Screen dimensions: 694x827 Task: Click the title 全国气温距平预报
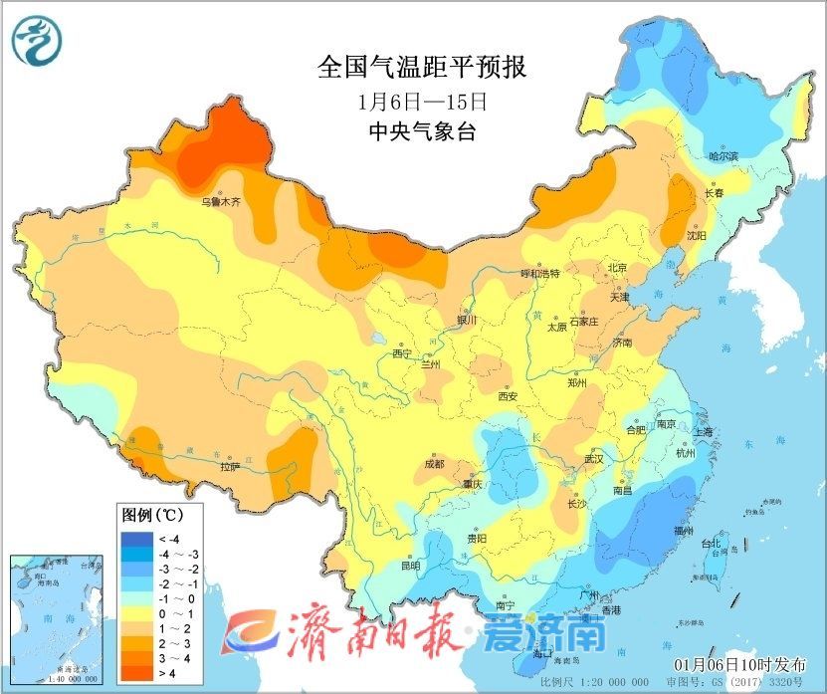(421, 67)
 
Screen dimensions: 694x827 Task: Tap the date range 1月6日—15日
(421, 101)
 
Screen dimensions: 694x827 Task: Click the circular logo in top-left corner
(37, 40)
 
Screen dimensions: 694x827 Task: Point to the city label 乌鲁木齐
(221, 201)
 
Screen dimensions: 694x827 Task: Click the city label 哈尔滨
(724, 156)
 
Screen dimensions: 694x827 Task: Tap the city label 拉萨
(230, 466)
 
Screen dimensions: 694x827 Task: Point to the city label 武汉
(594, 460)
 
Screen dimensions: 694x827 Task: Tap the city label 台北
(711, 544)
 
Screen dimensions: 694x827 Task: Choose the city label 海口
(542, 654)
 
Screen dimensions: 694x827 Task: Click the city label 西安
(508, 396)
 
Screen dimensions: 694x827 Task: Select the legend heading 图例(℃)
(150, 516)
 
